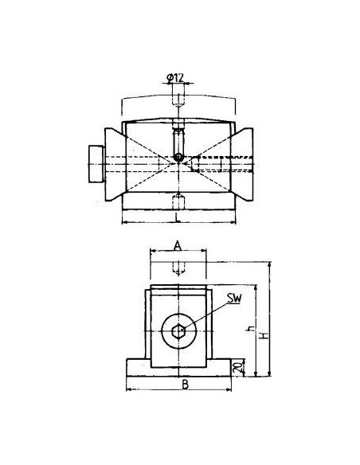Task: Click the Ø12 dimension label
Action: [x=175, y=78]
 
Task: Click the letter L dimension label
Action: [x=178, y=218]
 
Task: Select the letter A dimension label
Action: [x=178, y=245]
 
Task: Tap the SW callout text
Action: [x=235, y=299]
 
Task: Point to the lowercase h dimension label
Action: [x=251, y=329]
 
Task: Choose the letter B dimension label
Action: [x=185, y=385]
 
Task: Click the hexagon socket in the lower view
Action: [x=179, y=330]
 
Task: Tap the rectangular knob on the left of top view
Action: [x=96, y=164]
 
